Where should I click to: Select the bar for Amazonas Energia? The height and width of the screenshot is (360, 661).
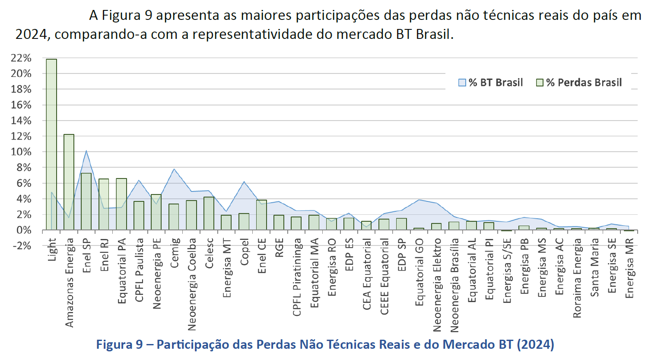tap(69, 182)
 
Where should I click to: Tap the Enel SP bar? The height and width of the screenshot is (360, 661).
tap(86, 201)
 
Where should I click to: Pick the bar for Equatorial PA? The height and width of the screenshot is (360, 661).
tap(121, 204)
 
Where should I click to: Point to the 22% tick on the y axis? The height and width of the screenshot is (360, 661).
tap(21, 58)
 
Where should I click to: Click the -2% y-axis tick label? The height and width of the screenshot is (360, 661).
tap(21, 246)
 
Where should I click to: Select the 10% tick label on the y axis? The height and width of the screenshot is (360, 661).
tap(21, 152)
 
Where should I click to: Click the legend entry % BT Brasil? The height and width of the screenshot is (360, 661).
tap(491, 83)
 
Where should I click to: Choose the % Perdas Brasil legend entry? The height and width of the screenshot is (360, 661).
tap(579, 83)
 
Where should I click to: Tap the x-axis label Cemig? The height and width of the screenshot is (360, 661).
tap(174, 253)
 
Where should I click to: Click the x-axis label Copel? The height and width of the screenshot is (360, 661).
tap(245, 252)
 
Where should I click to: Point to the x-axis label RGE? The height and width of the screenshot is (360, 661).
tap(279, 248)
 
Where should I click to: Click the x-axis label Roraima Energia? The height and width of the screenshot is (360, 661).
tap(577, 278)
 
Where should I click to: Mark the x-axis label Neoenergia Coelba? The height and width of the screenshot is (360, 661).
tap(192, 284)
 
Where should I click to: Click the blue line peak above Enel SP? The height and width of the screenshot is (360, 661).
tap(86, 151)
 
